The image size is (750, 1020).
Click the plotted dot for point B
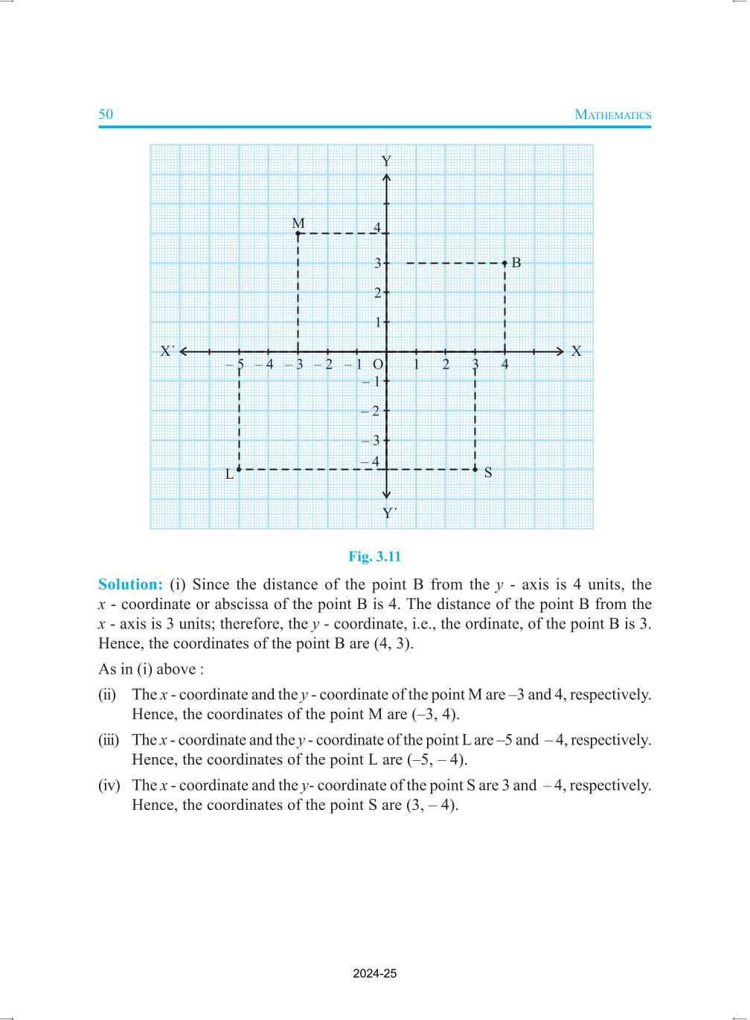(x=505, y=263)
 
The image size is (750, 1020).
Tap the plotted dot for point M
(x=298, y=234)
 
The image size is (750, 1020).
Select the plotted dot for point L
(x=239, y=469)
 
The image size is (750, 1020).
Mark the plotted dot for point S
(x=475, y=469)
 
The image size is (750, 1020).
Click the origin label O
(x=378, y=365)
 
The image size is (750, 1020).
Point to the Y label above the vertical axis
(x=386, y=161)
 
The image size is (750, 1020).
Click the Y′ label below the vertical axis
(x=389, y=513)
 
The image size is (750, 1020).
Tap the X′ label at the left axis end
(x=167, y=351)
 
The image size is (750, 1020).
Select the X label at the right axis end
(x=576, y=351)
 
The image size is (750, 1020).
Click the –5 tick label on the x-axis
(x=235, y=365)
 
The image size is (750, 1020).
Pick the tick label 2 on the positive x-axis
(x=446, y=365)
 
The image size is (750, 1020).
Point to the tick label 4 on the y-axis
(x=377, y=228)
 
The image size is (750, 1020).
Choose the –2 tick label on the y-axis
(x=371, y=411)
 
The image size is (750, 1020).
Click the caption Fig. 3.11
(x=375, y=557)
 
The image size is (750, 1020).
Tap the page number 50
(x=106, y=114)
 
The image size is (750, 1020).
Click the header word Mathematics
(x=613, y=115)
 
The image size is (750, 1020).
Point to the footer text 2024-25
(x=375, y=974)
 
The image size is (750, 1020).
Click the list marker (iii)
(x=109, y=740)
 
